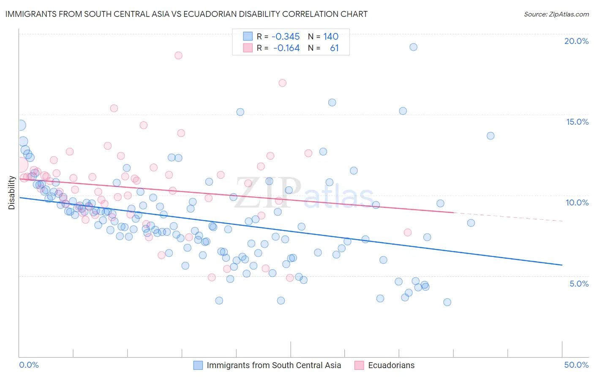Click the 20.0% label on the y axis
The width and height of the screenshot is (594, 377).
coord(576,41)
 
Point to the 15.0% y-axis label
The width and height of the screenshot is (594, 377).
coord(577,122)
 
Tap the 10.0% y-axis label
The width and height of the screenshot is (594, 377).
coord(577,202)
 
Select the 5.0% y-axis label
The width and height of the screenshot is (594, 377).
coord(579,284)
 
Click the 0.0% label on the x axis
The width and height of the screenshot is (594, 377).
coord(29,365)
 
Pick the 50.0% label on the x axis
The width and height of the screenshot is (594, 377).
coord(576,365)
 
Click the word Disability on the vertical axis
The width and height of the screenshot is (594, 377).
coord(12,193)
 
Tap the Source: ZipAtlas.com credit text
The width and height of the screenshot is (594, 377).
coord(556,14)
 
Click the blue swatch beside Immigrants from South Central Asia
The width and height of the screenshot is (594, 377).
coord(198,365)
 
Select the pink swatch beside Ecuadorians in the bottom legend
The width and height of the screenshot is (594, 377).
coord(360,365)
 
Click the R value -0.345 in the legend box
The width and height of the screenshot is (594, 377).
coord(286,37)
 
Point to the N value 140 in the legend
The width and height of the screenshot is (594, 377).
coord(331,37)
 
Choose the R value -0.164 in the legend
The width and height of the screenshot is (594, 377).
coord(286,48)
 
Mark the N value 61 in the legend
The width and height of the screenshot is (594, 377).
coord(334,48)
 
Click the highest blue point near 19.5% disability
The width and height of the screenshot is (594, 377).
coord(413,47)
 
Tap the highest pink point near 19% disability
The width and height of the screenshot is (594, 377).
coord(178,55)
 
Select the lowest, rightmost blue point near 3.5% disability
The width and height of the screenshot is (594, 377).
coord(447,302)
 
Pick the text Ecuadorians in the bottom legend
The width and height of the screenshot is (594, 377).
coord(391,365)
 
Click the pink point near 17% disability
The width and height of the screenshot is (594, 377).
coord(282,83)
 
